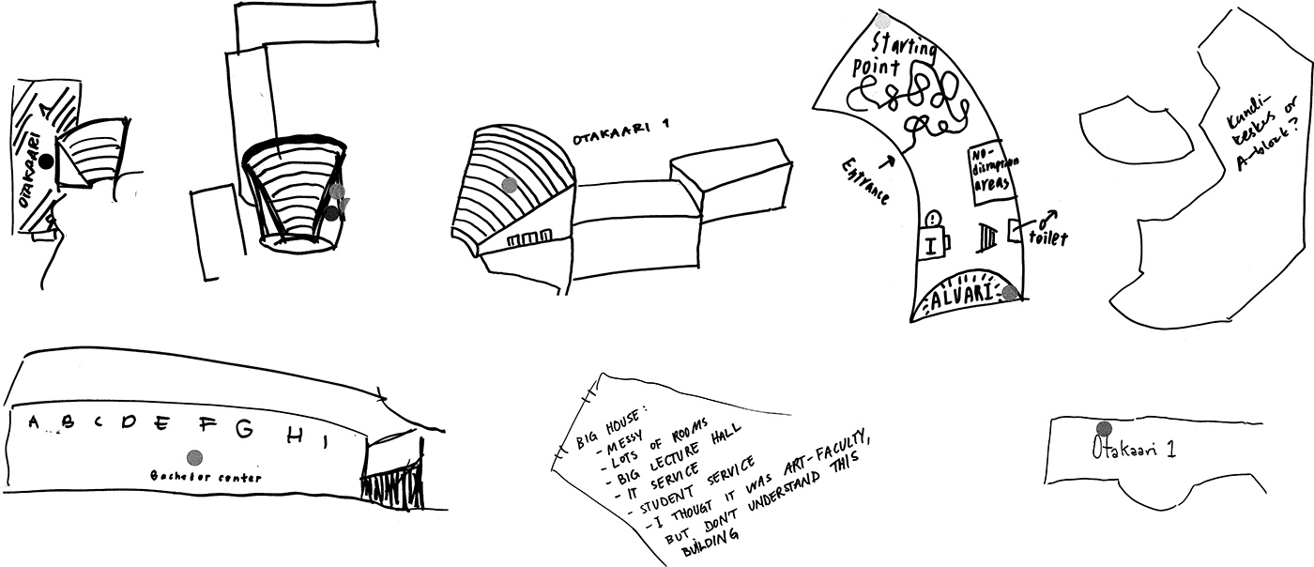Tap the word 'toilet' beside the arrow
tap(1047, 238)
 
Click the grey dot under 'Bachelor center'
tap(194, 457)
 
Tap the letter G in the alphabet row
tap(244, 429)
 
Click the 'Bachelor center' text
tap(206, 477)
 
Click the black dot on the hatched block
tap(45, 162)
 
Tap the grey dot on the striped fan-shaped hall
tap(509, 186)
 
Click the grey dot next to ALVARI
tap(1010, 293)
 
